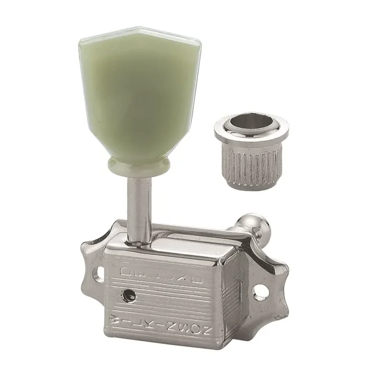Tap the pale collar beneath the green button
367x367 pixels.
point(139,165)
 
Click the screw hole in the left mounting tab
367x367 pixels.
point(98,273)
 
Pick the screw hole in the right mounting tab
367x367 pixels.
point(261,292)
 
